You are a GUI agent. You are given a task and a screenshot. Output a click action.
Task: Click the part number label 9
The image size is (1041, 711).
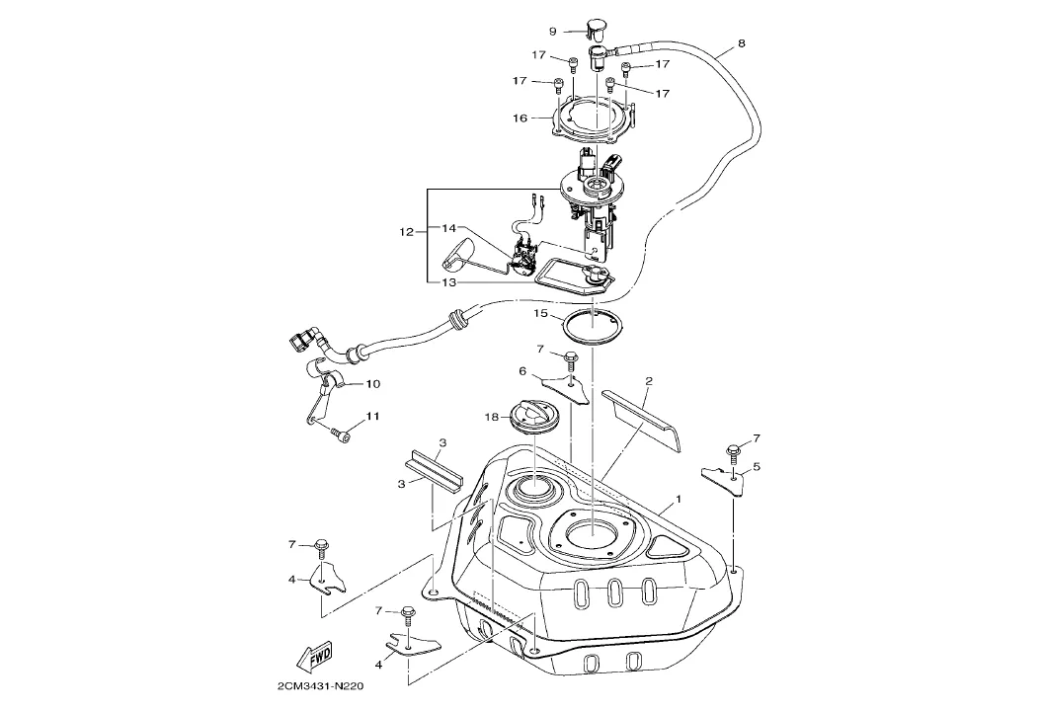pos(552,32)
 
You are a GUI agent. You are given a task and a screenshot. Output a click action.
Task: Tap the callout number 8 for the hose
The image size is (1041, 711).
pos(742,43)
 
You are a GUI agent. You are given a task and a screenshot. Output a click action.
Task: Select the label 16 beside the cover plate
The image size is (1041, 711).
pos(520,118)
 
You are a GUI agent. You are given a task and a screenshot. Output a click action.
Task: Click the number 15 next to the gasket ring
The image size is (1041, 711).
pos(540,313)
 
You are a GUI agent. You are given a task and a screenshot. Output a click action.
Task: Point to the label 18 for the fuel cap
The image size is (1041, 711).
pos(491,417)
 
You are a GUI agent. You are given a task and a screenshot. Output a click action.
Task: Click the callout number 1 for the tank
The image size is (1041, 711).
pos(679,498)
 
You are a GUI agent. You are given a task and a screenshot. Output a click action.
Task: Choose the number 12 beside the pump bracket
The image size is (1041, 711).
pos(406,232)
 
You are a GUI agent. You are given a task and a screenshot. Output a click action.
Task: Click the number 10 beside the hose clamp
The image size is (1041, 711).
pos(372,384)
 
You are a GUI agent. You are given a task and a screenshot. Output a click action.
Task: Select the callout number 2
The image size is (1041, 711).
pos(649,381)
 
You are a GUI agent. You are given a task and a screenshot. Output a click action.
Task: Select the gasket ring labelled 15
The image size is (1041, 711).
pos(593,327)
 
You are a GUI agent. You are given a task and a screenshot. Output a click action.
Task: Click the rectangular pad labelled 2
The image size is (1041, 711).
pos(641,419)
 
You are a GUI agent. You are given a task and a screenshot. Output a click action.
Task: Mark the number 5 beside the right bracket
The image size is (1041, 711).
pos(757,467)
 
